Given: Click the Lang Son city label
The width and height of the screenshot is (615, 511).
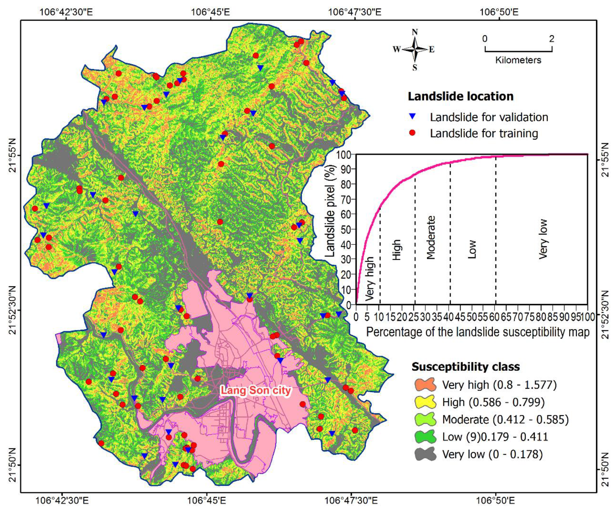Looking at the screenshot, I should click(256, 390).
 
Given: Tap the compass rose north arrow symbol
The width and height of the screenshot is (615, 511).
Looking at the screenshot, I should click(415, 49).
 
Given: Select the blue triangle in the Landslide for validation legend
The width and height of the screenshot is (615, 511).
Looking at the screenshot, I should click(413, 117).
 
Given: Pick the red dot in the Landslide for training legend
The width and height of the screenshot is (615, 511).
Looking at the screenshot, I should click(413, 133).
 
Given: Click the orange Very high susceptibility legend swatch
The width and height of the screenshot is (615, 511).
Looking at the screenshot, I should click(425, 384).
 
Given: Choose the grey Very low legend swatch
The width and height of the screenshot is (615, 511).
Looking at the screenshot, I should click(425, 454).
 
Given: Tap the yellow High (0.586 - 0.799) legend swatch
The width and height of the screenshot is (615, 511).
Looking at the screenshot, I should click(425, 402).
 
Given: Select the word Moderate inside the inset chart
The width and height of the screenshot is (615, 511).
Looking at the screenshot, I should click(431, 238).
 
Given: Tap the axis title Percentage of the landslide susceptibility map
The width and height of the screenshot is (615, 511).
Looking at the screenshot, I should click(478, 332).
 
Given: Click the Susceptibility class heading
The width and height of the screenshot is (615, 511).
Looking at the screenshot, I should click(466, 366).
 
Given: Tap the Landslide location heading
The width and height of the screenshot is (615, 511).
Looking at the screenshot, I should click(461, 96).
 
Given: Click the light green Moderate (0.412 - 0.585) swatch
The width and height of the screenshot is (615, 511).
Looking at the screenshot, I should click(425, 419).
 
